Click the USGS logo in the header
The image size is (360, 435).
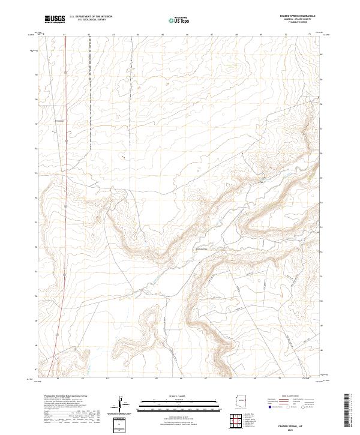(55, 19)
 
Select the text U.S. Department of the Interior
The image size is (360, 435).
(91, 17)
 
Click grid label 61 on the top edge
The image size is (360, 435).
(64, 34)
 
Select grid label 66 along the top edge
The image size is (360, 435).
(187, 34)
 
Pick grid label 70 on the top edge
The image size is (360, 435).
(286, 34)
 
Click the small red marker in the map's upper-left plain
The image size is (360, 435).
(124, 158)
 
